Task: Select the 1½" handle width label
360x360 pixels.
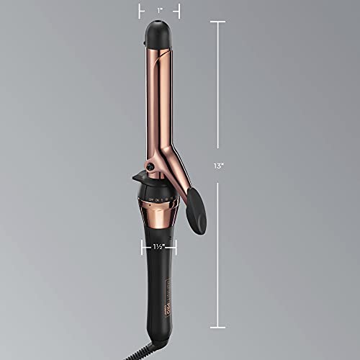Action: point(160,246)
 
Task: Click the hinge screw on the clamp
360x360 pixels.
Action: point(150,167)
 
